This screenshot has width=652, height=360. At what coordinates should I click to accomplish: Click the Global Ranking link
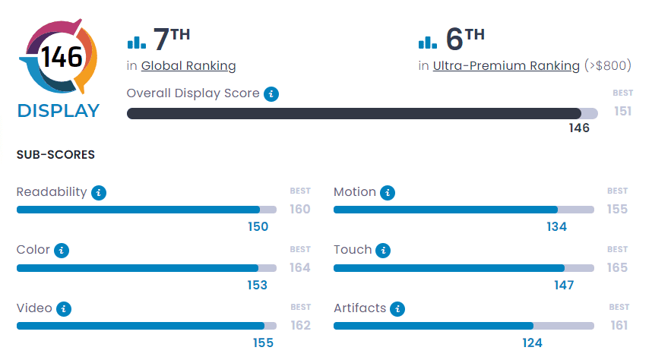point(188,66)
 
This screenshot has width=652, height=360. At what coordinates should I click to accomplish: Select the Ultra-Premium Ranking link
point(506,66)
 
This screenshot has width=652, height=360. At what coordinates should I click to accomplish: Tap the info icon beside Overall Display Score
point(271,94)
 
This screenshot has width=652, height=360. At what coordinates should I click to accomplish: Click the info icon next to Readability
point(99,193)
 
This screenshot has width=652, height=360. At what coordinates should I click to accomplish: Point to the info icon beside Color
point(62,251)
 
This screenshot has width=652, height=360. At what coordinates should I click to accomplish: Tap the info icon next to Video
point(65,308)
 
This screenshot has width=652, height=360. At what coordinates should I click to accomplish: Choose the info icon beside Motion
point(388,193)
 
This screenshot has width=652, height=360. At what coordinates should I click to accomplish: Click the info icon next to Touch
point(384,251)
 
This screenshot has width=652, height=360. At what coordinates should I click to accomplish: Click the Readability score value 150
point(258,226)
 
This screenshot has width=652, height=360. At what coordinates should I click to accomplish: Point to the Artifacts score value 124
point(532,343)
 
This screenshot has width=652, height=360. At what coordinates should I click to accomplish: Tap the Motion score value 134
point(556,226)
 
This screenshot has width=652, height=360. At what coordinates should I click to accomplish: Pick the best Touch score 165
point(617,267)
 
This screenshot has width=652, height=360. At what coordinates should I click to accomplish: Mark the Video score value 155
point(263,343)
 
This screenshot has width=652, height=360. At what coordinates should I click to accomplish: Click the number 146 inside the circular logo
point(61,58)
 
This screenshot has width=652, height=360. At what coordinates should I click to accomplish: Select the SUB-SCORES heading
point(55,155)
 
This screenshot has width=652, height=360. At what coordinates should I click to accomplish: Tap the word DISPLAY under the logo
point(59,111)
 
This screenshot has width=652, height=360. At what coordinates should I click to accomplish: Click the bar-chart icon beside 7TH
point(137,42)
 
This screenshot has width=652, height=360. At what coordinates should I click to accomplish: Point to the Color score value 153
point(257,285)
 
